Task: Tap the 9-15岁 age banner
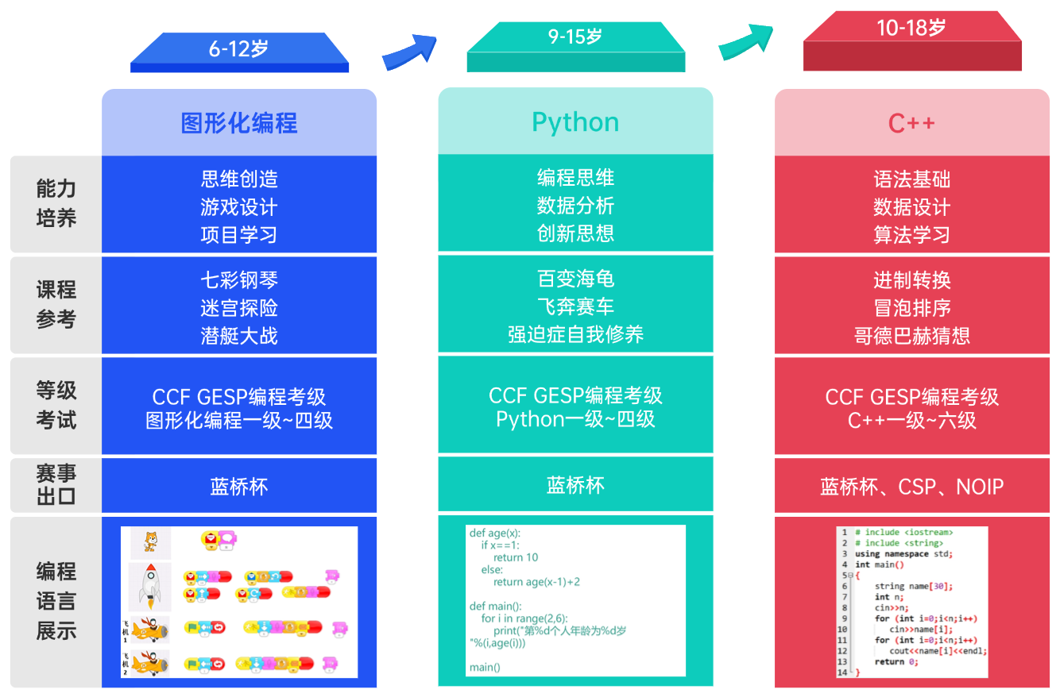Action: coord(575,38)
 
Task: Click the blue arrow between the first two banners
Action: coord(410,52)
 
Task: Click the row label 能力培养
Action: coord(56,203)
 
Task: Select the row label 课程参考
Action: coord(56,304)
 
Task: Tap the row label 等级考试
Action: coord(56,405)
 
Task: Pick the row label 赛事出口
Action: coord(56,485)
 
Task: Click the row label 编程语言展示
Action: coord(56,601)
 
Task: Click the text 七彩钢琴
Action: coord(239,280)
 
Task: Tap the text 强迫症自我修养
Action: coord(575,334)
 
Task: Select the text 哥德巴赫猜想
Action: coord(911,336)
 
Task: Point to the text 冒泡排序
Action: coord(911,308)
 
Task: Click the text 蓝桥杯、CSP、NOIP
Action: coord(911,487)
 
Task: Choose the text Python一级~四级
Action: coord(575,419)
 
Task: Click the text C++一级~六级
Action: coord(911,421)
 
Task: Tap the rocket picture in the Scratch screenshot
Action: coord(150,586)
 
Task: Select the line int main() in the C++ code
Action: coord(879,564)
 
